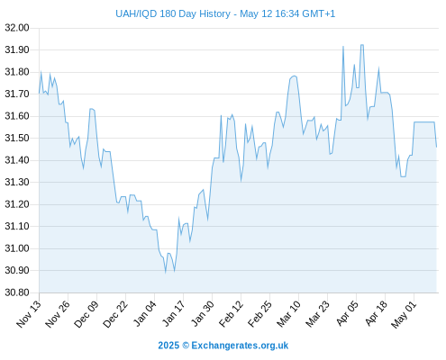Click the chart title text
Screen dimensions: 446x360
225,13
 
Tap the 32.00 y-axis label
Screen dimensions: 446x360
17,28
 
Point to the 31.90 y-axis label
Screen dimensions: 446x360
17,49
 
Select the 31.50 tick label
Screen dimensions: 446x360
17,138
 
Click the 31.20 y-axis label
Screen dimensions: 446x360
17,204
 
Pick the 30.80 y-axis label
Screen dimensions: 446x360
17,292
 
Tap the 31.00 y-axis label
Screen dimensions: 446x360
17,248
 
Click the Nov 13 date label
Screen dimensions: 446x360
28,314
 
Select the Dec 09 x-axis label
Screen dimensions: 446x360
86,314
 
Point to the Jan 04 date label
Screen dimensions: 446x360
144,314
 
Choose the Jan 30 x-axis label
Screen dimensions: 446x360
203,314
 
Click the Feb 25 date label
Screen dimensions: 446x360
260,314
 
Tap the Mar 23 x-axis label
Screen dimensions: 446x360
318,314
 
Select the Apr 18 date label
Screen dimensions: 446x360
377,314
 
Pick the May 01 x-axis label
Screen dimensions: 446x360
404,314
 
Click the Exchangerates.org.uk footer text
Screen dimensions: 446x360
240,346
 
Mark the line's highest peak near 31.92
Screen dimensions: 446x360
362,45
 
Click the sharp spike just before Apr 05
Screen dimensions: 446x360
343,47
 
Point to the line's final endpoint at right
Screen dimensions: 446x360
436,147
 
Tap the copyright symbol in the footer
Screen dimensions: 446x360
186,346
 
